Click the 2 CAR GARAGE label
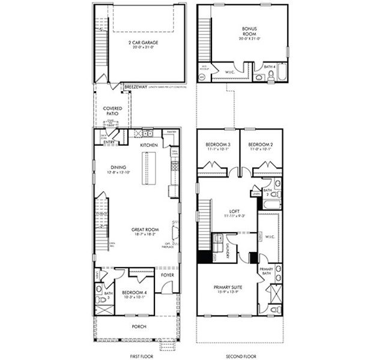click(x=143, y=43)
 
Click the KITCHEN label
click(x=148, y=146)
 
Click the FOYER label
click(x=167, y=275)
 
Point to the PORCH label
click(x=139, y=326)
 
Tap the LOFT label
click(x=235, y=211)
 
